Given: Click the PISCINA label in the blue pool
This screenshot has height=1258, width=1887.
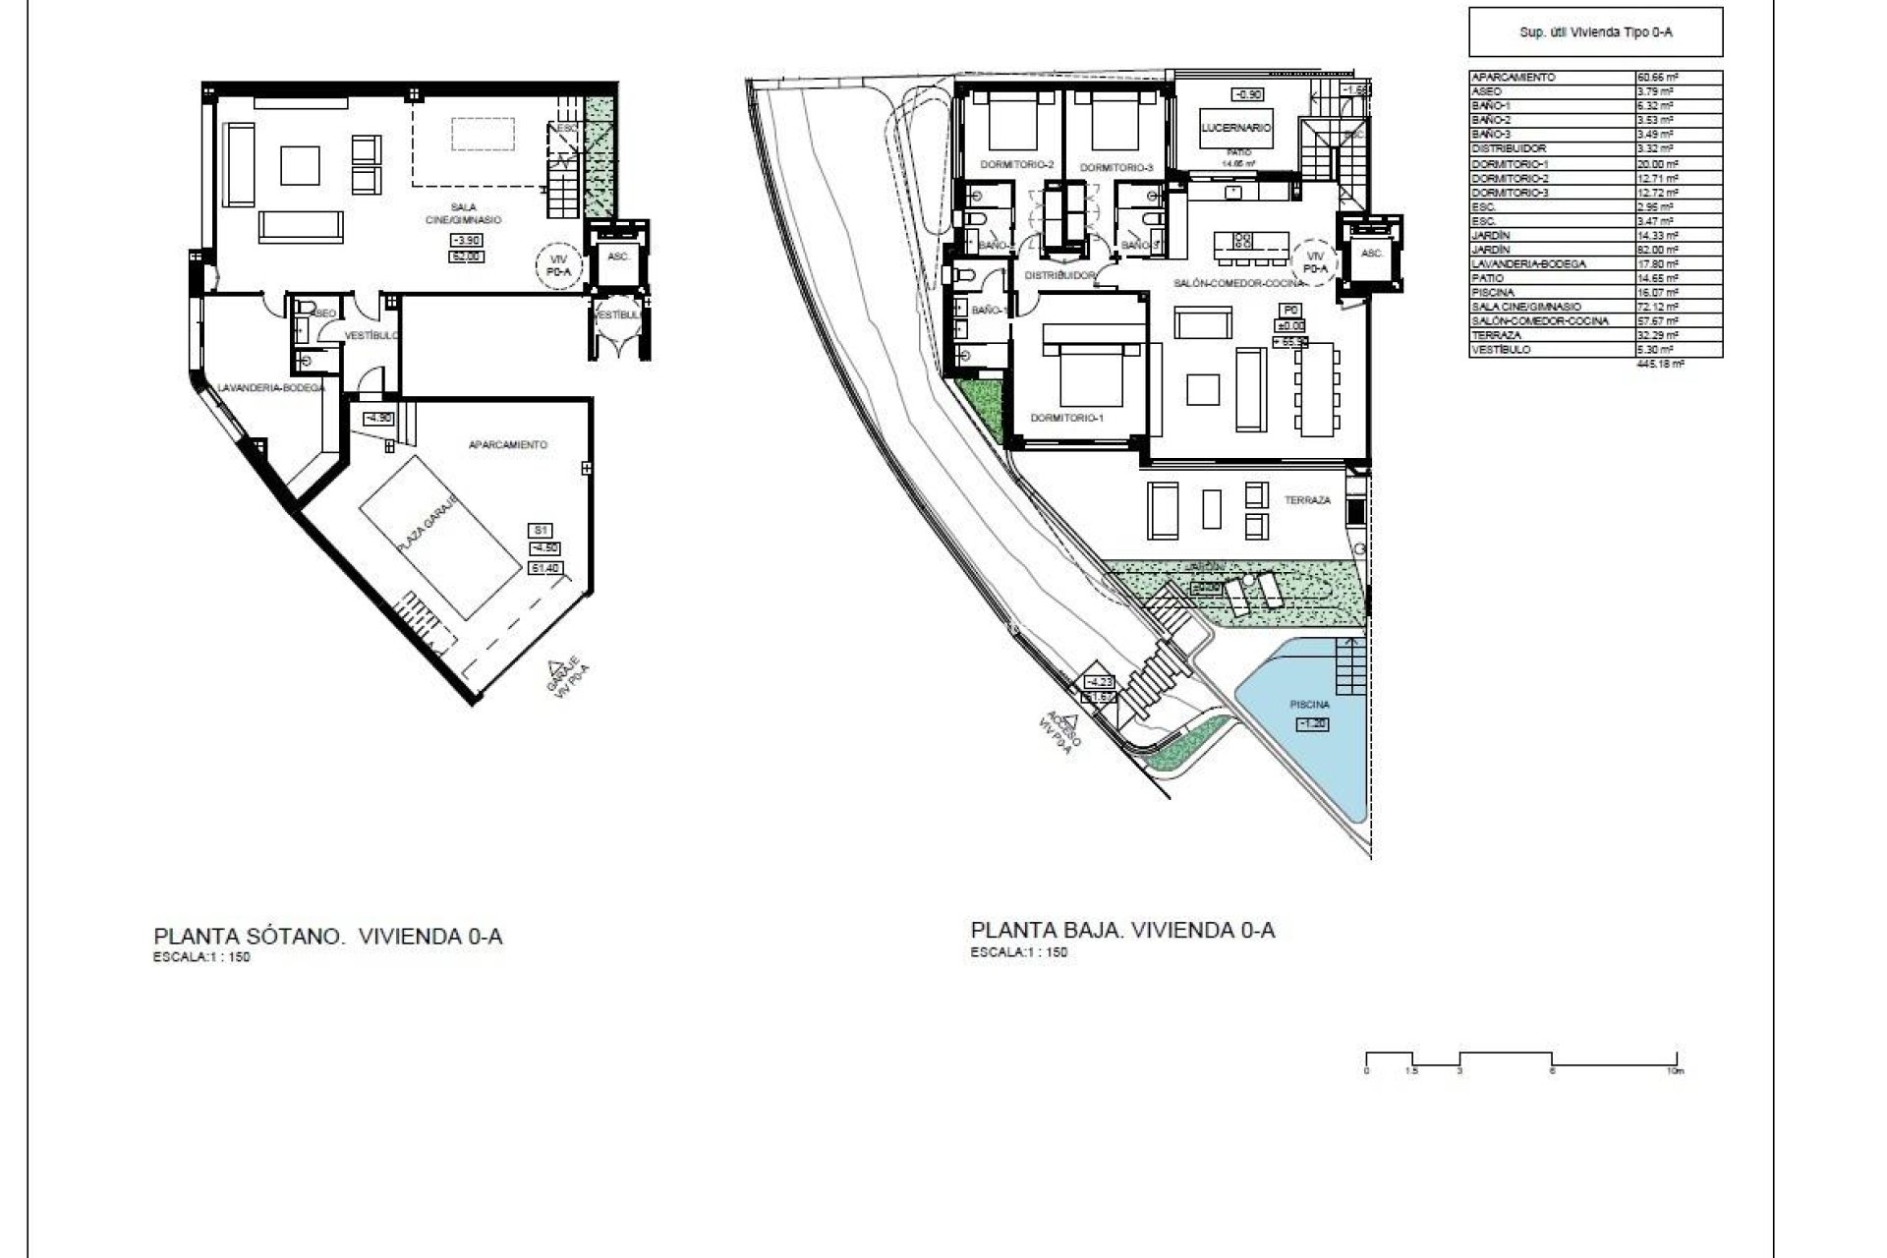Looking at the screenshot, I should [1310, 705].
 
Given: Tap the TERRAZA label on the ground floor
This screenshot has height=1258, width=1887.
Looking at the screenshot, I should [1307, 500].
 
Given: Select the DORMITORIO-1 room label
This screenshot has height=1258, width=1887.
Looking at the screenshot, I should [1067, 418].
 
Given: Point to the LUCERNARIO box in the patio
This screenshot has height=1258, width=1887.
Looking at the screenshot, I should [1236, 128].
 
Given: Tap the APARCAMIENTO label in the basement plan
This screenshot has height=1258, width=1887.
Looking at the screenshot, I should [508, 445].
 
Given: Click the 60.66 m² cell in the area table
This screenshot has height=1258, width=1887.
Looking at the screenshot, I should [1655, 77].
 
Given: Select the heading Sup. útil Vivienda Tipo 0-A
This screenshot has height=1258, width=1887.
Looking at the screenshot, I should [1595, 32].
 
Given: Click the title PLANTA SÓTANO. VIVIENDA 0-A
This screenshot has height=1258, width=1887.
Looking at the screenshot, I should [328, 936].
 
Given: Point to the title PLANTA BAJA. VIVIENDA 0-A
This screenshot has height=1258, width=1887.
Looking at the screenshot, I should [1122, 930].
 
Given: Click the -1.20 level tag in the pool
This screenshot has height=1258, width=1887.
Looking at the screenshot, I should [1313, 724].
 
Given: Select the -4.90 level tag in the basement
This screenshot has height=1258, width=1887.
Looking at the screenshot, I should [378, 418].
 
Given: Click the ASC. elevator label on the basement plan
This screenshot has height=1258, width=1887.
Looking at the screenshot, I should [618, 255].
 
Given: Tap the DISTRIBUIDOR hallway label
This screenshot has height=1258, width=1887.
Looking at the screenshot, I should [1059, 276].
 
